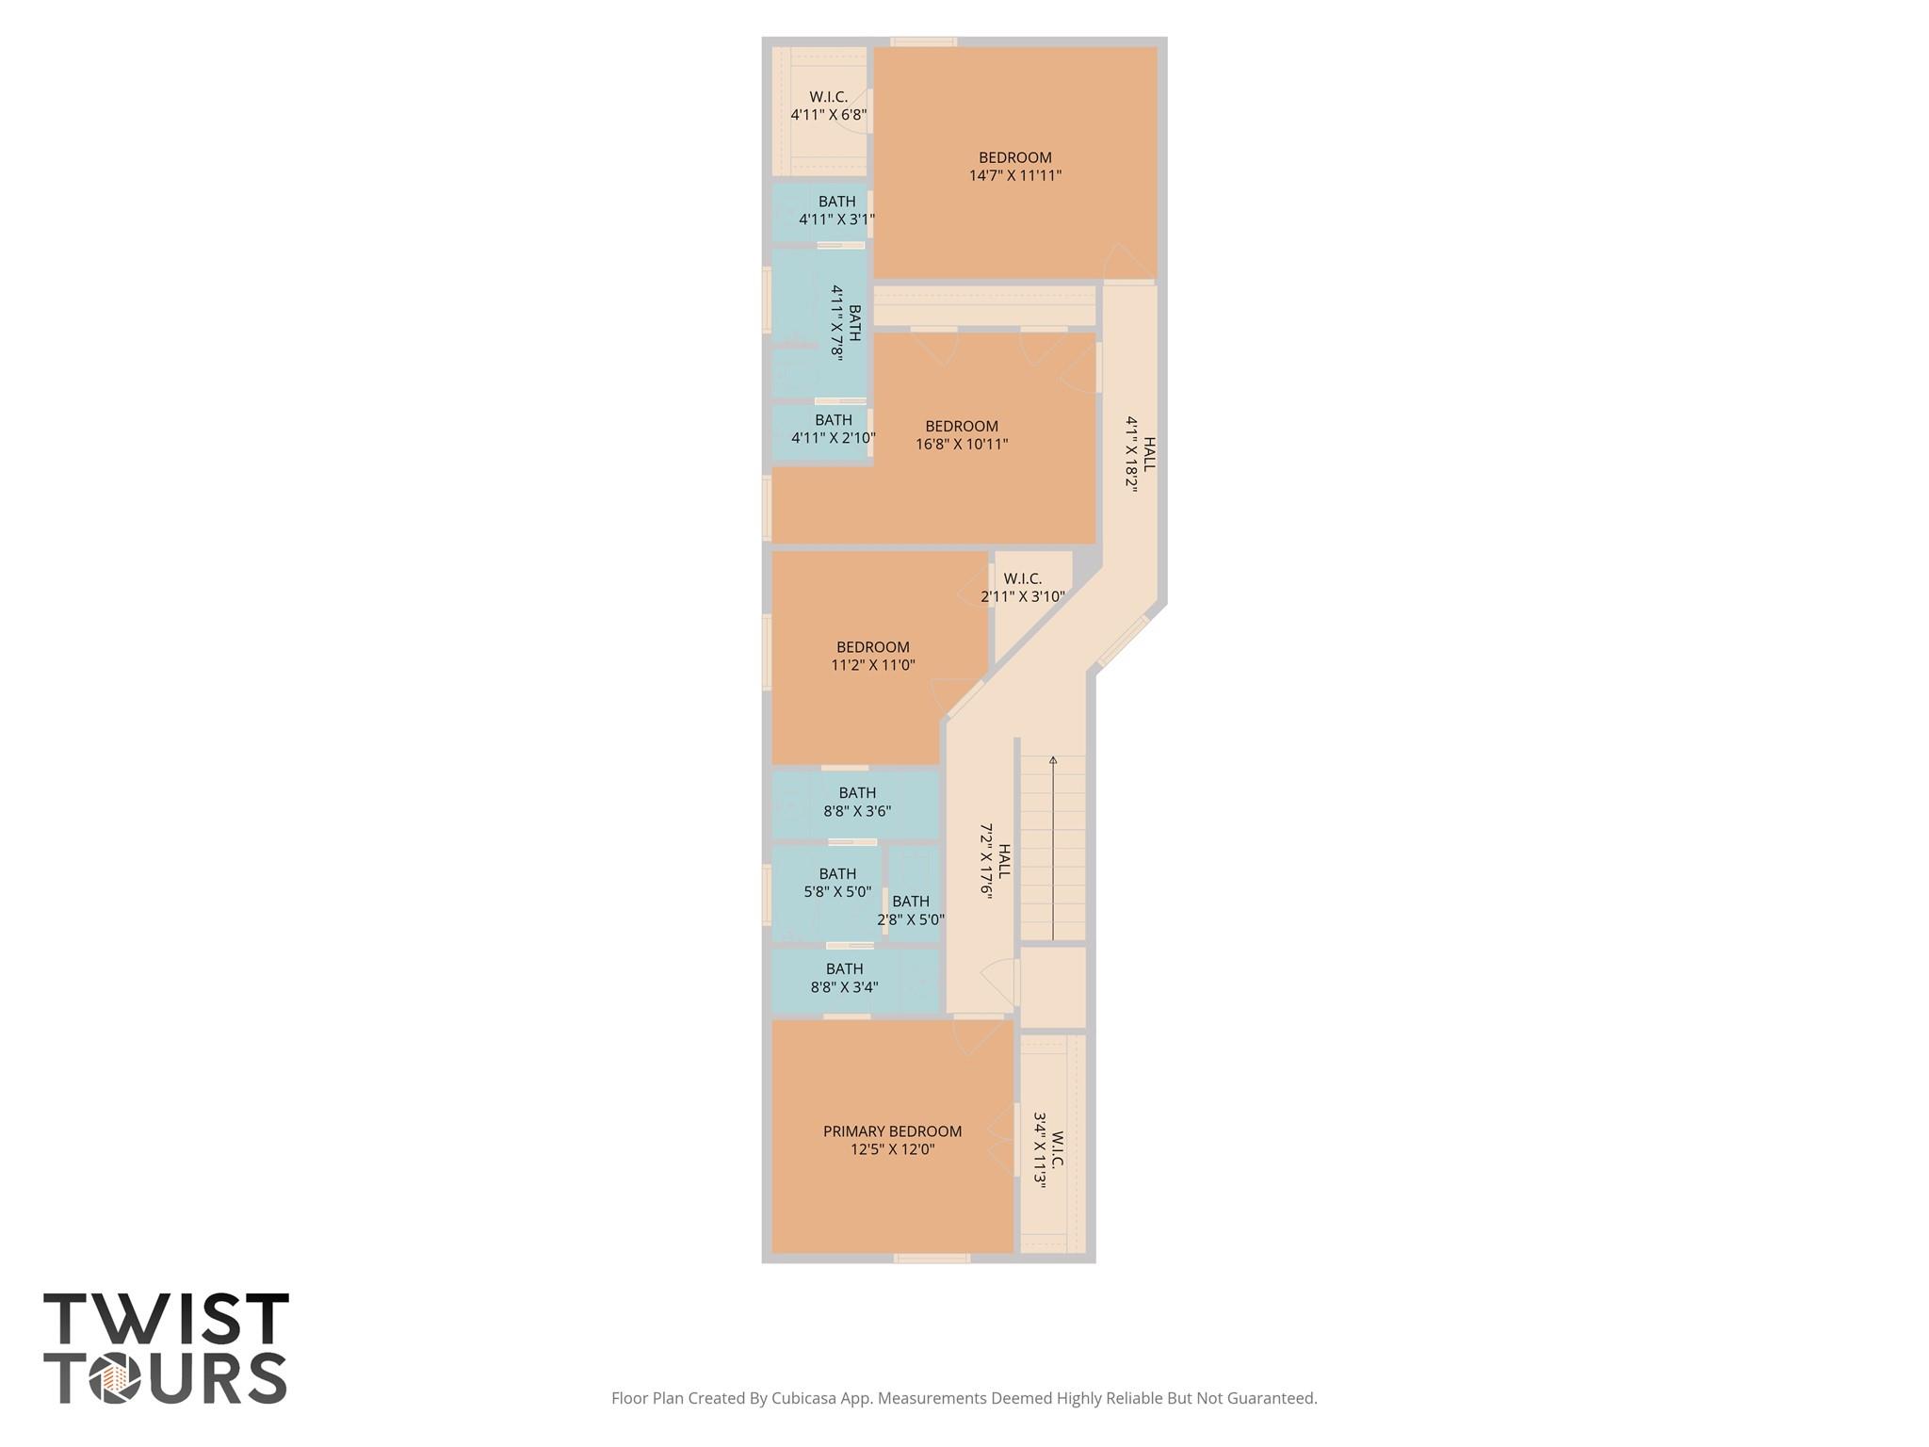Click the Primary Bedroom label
(x=892, y=1131)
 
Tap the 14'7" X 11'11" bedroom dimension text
(x=1015, y=175)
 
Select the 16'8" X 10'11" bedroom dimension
(x=962, y=444)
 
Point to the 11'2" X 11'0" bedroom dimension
(x=873, y=665)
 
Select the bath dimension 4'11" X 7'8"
(x=837, y=322)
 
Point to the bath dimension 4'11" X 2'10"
(x=834, y=438)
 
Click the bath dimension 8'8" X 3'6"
(x=857, y=811)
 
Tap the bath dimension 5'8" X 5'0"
(x=837, y=891)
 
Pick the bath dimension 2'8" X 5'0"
(x=911, y=919)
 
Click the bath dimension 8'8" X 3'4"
(x=844, y=987)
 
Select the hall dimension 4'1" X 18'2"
(x=1133, y=455)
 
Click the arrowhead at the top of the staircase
(x=1053, y=760)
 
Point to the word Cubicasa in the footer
(x=804, y=1398)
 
